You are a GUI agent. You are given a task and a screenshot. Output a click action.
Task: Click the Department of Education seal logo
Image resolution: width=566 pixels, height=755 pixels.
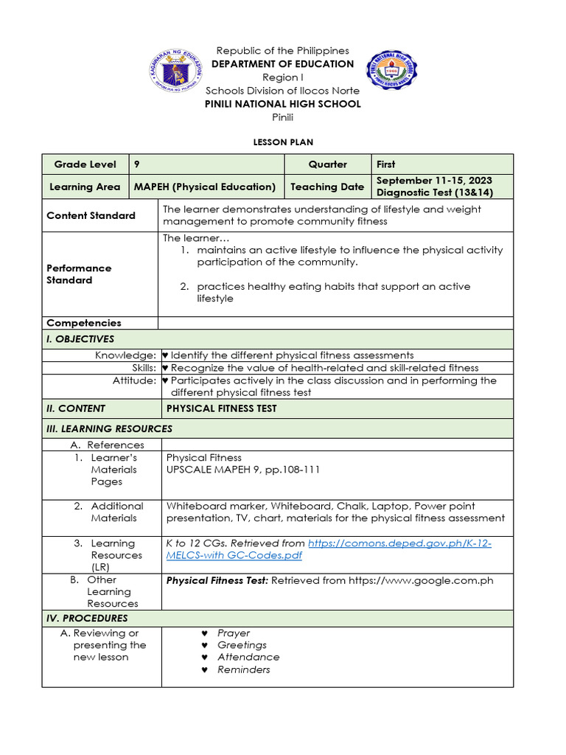[x=175, y=70]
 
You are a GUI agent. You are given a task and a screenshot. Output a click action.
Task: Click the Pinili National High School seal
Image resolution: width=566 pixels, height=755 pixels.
[x=391, y=70]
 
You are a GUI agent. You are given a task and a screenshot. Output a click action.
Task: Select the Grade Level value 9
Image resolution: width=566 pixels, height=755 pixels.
[x=137, y=164]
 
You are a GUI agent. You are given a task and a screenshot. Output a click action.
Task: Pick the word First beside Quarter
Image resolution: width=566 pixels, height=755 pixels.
[x=385, y=164]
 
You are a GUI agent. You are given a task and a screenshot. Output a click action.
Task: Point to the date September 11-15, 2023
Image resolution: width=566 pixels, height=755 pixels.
[x=434, y=181]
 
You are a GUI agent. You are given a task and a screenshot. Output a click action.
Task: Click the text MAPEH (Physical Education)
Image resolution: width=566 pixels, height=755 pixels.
[x=204, y=187]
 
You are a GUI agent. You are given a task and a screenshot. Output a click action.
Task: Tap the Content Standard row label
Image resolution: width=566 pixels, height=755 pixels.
[x=91, y=215]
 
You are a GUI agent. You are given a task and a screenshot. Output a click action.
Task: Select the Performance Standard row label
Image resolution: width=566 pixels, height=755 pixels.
[x=79, y=274]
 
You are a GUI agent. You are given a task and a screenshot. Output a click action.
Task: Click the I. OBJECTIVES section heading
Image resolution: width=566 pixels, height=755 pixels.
[x=80, y=339]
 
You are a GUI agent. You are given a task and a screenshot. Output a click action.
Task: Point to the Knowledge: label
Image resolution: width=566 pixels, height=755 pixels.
[x=125, y=355]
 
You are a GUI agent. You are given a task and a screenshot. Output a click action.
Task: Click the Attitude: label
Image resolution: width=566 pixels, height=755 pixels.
[x=134, y=380]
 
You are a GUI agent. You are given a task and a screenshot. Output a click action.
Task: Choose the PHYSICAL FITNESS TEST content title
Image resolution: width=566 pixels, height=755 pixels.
[x=221, y=408]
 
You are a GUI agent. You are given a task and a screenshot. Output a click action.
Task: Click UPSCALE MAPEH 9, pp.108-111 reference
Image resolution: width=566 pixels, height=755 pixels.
[x=243, y=470]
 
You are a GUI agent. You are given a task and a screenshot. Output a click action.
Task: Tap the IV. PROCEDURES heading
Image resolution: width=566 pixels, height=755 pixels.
[x=87, y=618]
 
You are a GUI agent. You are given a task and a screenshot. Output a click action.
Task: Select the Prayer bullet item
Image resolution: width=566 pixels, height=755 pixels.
[x=234, y=633]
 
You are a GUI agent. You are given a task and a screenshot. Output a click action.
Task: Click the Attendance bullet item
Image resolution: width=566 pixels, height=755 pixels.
[x=248, y=657]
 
